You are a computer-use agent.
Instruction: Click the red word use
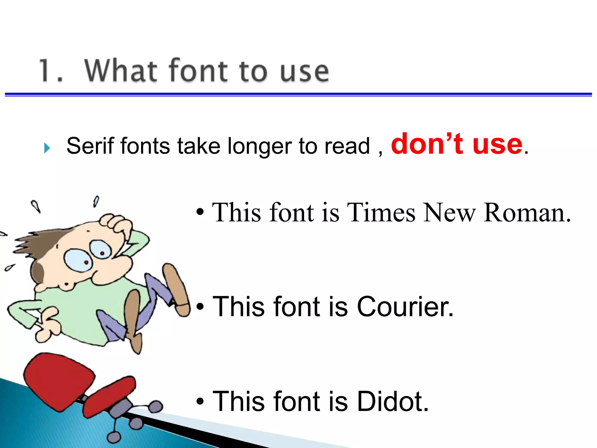pos(497,144)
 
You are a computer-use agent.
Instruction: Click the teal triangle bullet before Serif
pos(47,148)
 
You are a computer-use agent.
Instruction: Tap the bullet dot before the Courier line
pos(200,307)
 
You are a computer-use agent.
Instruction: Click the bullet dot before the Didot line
pos(200,402)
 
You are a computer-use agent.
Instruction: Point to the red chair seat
pos(58,376)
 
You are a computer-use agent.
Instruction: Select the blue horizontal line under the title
pos(298,94)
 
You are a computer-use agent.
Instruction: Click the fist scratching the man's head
pos(115,225)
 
